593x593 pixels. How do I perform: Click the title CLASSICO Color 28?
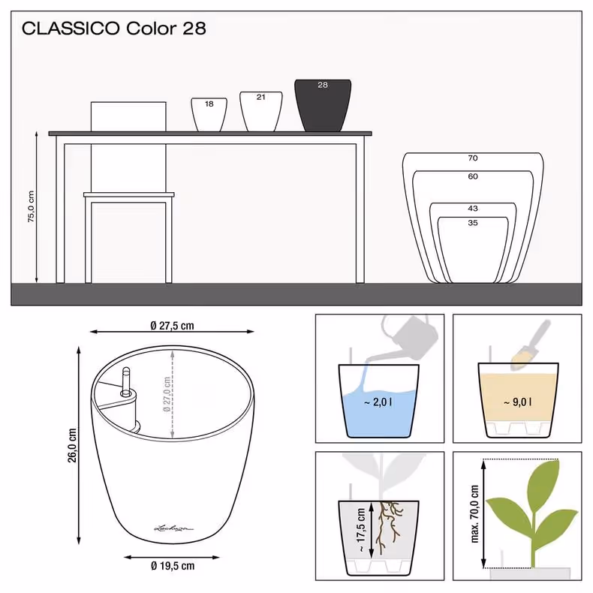114,29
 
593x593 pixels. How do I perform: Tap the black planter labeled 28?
323,106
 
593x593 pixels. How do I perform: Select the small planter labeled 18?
209,115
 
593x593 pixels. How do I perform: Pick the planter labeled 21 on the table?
261,112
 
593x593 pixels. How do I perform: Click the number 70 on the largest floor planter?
473,158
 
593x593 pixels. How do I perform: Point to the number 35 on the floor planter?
473,223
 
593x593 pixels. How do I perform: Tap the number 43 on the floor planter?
473,209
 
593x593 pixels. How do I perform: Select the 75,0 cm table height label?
31,206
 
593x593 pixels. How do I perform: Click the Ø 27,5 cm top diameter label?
172,326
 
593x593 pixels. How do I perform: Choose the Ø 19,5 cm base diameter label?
173,566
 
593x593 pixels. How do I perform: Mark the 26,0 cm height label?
72,445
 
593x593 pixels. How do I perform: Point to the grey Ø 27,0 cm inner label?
167,394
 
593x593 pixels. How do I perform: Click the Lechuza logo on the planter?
173,528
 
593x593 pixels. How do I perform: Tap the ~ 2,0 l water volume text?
378,402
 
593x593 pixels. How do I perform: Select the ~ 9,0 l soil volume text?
518,402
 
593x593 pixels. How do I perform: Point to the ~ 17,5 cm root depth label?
361,530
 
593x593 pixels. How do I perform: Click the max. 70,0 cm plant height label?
475,514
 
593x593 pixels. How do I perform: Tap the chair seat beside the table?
129,194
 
